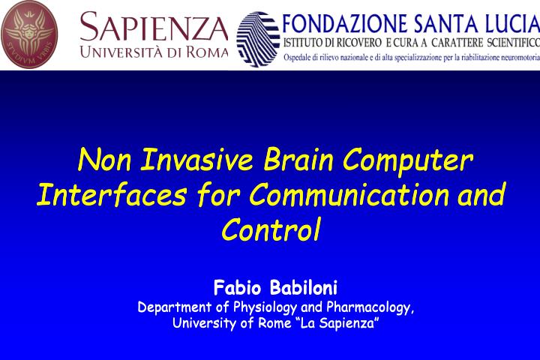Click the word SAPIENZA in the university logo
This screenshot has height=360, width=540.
[154, 28]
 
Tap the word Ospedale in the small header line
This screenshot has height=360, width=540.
[301, 58]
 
